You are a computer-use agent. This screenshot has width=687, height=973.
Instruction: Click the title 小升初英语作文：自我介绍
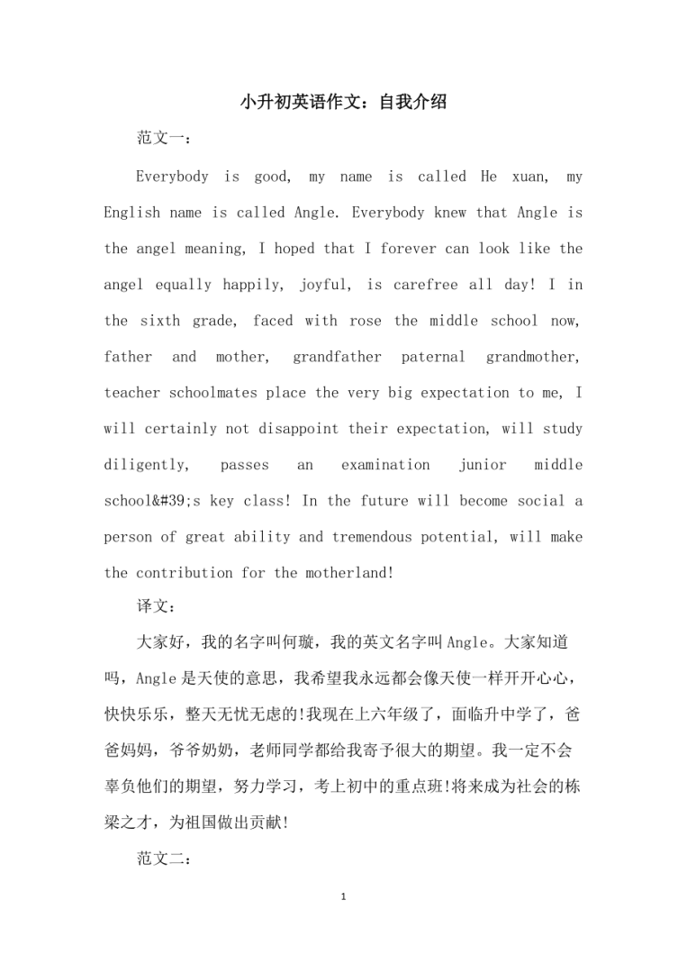pyautogui.click(x=343, y=103)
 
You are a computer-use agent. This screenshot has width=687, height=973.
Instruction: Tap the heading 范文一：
pyautogui.click(x=162, y=139)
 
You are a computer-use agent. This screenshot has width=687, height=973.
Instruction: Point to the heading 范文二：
pyautogui.click(x=162, y=859)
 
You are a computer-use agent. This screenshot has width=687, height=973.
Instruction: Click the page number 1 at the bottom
pyautogui.click(x=343, y=897)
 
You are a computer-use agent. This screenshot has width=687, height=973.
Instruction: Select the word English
pyautogui.click(x=131, y=213)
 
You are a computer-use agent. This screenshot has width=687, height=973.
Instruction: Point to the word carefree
pyautogui.click(x=422, y=285)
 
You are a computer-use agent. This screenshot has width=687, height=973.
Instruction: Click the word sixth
pyautogui.click(x=159, y=321)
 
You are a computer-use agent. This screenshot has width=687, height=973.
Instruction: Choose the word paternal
pyautogui.click(x=433, y=357)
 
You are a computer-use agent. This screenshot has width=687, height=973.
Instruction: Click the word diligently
pyautogui.click(x=147, y=465)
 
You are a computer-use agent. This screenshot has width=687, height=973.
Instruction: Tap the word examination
pyautogui.click(x=385, y=465)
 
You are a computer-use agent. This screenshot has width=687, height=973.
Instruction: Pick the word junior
pyautogui.click(x=483, y=465)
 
